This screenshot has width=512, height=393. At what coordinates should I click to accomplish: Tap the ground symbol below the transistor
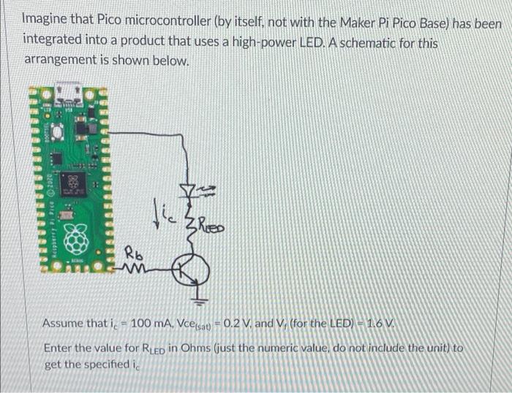pos(202,299)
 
